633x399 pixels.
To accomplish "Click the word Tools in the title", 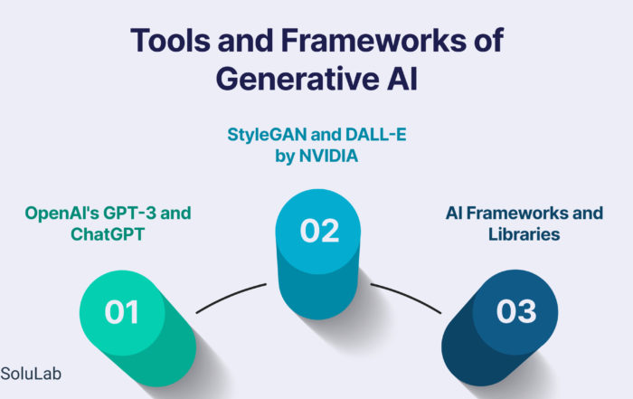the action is (170, 40).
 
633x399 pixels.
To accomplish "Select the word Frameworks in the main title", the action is (373, 40).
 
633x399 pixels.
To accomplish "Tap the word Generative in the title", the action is (298, 79).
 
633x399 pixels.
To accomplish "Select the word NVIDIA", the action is (328, 156).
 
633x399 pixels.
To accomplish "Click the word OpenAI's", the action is (62, 214).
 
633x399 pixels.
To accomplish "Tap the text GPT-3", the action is (129, 213).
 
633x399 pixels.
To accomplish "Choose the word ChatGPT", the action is (108, 234).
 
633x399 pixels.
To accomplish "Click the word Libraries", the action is (524, 234).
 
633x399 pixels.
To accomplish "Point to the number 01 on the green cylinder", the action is (121, 312).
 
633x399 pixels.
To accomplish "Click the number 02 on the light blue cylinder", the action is (319, 231).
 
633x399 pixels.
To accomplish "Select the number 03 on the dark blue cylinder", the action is (516, 311).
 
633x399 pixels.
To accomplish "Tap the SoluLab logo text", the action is (31, 374).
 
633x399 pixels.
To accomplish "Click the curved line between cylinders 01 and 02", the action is (230, 296).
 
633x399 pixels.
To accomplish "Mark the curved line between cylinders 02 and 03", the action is (407, 297).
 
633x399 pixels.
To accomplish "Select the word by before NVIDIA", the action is (285, 157).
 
